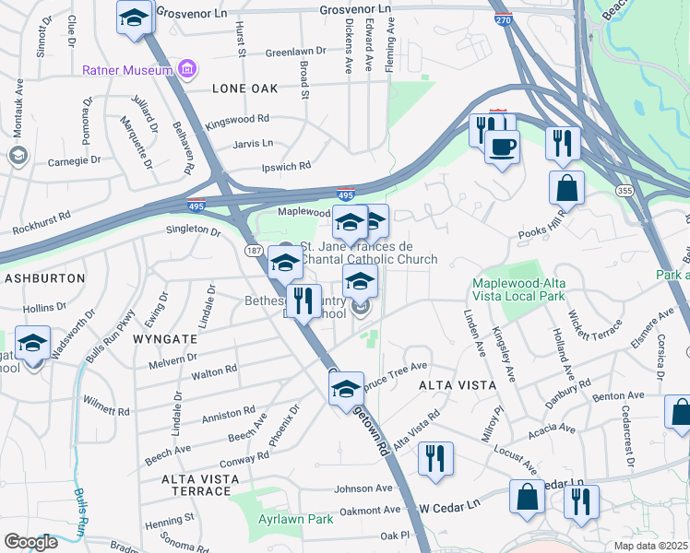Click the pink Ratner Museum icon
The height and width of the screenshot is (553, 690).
[187, 69]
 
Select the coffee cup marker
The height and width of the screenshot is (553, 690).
[502, 147]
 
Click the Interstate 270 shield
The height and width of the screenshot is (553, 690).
[503, 18]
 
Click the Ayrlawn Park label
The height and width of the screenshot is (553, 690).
[294, 520]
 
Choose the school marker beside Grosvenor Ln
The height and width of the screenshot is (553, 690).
[134, 18]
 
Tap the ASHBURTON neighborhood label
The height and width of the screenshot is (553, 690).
[45, 277]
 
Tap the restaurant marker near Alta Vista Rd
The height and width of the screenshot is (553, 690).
[435, 458]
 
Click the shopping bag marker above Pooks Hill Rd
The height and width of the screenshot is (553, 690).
[566, 188]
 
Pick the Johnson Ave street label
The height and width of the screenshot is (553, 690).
[363, 488]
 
